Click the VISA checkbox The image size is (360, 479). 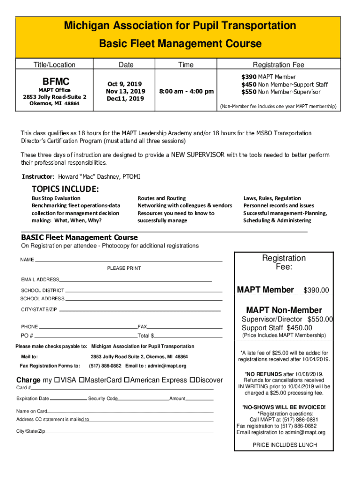(57, 380)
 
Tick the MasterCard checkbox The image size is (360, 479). (82, 380)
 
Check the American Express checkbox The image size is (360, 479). (126, 380)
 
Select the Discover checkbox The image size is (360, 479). (192, 380)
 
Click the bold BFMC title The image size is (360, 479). (56, 81)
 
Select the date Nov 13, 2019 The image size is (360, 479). (125, 91)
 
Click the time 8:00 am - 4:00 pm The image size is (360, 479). (186, 91)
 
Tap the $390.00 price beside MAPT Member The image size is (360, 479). (316, 291)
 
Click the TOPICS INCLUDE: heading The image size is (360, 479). (65, 189)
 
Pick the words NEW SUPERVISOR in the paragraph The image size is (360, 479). (198, 155)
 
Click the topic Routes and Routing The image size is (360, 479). (161, 198)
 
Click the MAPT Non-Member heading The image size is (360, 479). (284, 310)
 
